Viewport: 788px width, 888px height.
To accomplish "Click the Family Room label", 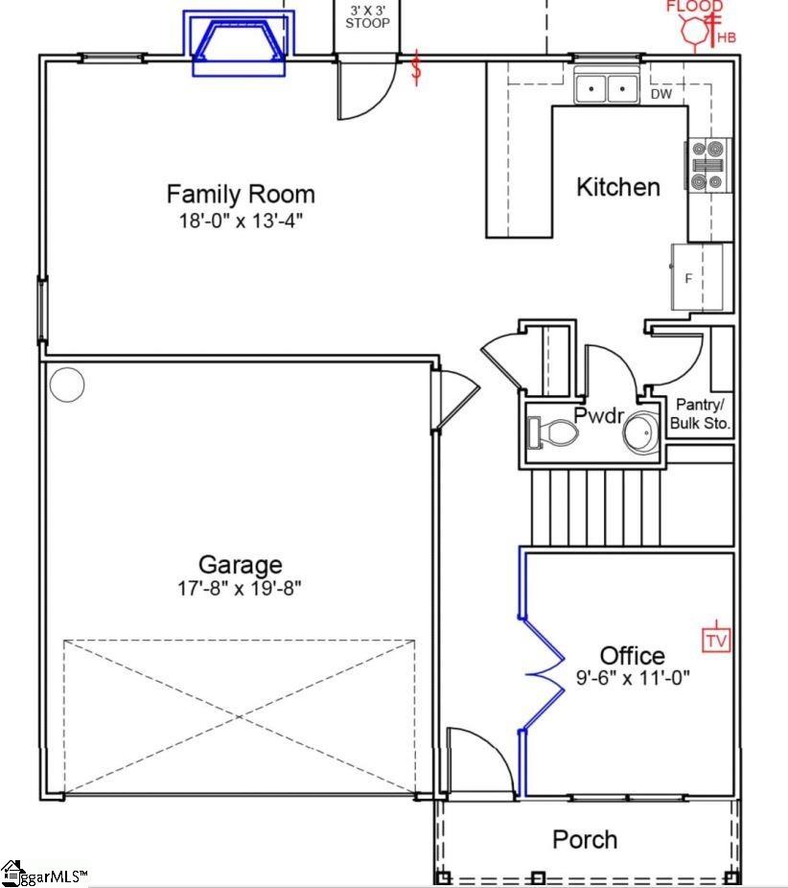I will click(x=241, y=195).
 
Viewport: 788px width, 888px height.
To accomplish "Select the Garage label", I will click(x=241, y=564).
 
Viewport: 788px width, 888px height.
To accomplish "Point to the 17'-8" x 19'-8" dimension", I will click(x=241, y=588).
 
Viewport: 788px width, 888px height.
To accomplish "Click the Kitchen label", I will click(x=618, y=187).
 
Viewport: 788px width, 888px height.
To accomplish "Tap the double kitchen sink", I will click(x=608, y=90).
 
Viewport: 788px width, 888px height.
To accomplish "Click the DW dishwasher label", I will click(x=661, y=94).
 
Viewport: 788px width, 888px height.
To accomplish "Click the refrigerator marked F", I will click(x=696, y=277).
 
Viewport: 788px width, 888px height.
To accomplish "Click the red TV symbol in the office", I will click(x=716, y=639).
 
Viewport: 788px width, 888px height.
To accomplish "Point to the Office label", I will click(x=632, y=656).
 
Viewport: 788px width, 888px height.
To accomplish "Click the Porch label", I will click(x=585, y=840).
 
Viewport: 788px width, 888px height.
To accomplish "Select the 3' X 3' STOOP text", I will click(x=367, y=15).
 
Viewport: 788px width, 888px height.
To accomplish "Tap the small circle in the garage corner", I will click(x=67, y=385).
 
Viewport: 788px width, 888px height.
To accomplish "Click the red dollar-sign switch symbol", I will click(x=416, y=69).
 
